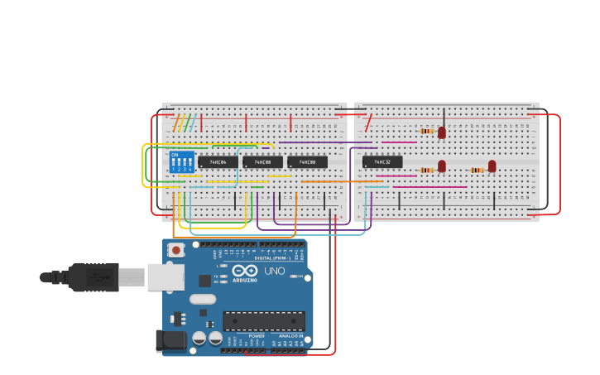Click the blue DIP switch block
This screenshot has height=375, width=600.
pos(181,161)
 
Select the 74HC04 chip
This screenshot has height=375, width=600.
pos(218,162)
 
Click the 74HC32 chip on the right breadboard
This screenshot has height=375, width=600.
pos(382,162)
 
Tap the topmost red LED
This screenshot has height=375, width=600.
pos(442,132)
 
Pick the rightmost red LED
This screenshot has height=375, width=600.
pos(492,166)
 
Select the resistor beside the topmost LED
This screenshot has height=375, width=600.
pos(426,131)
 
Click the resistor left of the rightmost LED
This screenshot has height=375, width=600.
pos(477,170)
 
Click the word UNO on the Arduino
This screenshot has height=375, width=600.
pos(274,271)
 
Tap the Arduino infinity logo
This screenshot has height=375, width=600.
pos(245,271)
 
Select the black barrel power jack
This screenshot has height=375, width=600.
pos(169,339)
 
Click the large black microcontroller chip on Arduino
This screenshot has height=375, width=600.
pos(264,321)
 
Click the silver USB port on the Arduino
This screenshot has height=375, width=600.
pos(165,277)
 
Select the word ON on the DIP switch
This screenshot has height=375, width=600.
pos(175,154)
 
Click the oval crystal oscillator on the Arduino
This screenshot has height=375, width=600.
pos(202,299)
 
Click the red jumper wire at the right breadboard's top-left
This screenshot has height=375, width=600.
pos(368,123)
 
